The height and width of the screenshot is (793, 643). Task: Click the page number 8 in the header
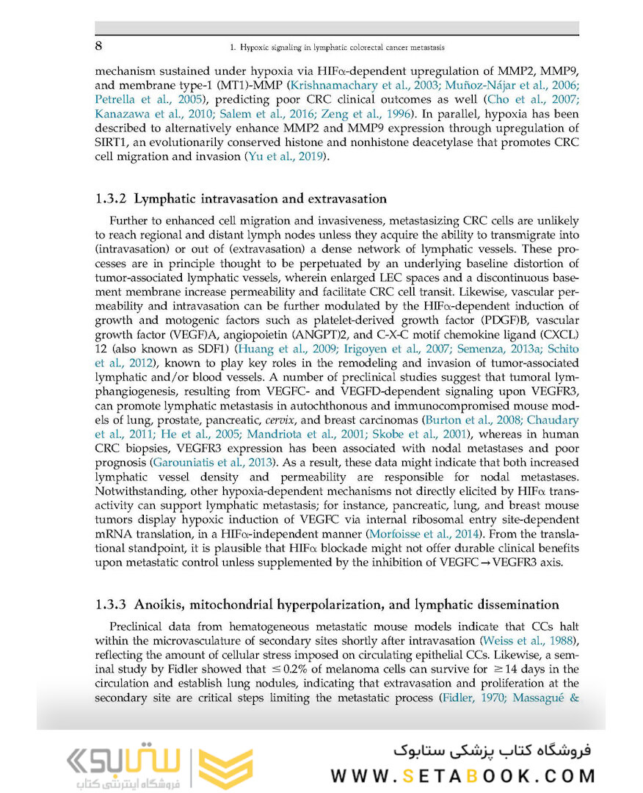click(x=98, y=46)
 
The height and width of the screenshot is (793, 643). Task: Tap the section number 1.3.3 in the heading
click(x=112, y=604)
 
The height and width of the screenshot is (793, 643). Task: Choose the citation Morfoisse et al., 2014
click(x=414, y=533)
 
